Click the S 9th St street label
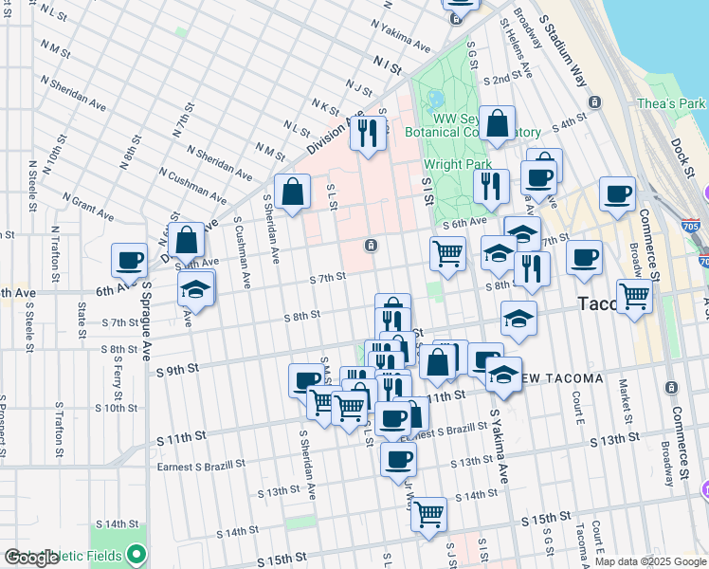[x=178, y=368]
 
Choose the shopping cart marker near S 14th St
[x=428, y=515]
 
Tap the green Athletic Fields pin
[x=137, y=553]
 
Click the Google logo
[x=32, y=559]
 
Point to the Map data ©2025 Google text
[x=650, y=561]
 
